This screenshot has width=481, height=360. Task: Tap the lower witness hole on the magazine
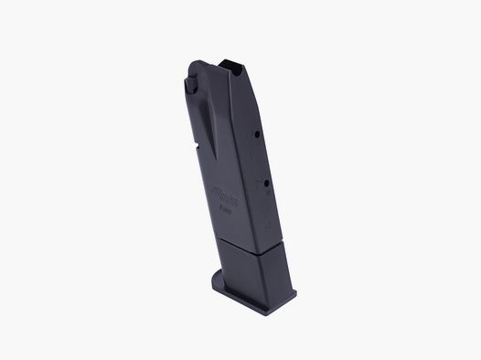pyautogui.click(x=266, y=182)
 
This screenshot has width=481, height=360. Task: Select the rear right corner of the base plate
pyautogui.click(x=295, y=293)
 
